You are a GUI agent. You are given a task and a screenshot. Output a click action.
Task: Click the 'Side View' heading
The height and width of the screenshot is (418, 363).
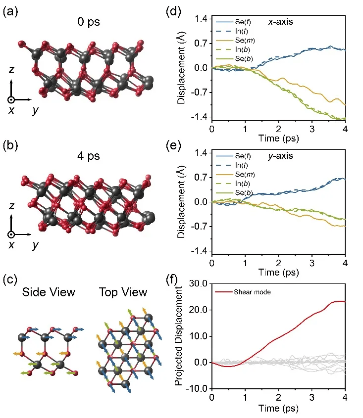(x=49, y=292)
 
